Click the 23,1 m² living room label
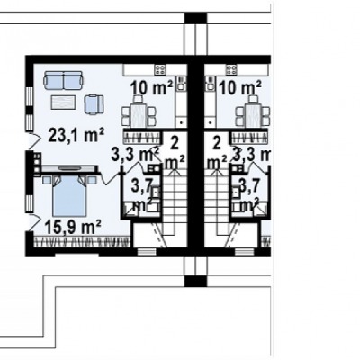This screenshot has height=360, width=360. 76,136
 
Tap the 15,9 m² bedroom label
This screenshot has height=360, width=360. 73,227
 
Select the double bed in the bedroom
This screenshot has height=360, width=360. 69,195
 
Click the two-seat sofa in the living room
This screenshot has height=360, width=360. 63,80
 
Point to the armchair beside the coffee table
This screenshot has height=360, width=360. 94,104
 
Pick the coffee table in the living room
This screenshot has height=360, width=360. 63,102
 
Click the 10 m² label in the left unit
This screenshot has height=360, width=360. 151,88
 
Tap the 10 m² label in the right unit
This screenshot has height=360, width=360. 240,88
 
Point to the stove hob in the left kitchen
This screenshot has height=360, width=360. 160,70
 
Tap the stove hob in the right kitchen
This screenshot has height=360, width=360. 231,70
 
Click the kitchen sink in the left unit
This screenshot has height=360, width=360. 181,84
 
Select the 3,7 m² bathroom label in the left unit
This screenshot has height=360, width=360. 143,196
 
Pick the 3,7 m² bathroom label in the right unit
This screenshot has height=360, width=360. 248,196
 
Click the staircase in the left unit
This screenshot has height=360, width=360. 175,203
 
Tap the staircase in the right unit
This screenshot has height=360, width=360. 217,203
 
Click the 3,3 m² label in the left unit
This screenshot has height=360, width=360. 135,155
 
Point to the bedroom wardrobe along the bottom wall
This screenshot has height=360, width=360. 82,241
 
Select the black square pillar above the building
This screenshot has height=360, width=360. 195,18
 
